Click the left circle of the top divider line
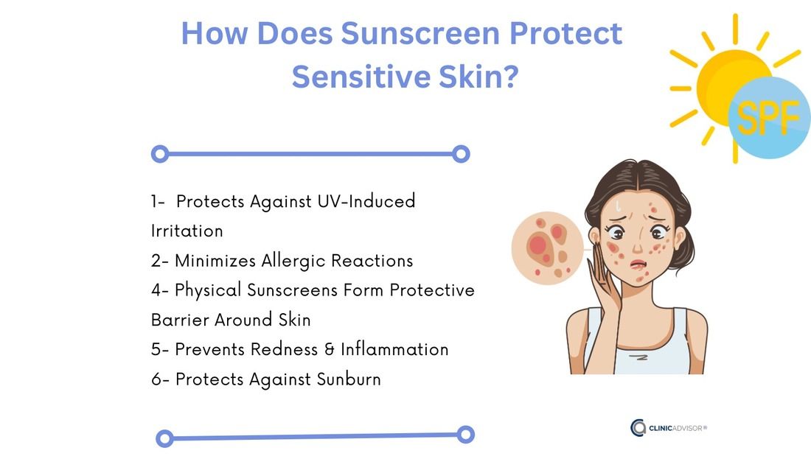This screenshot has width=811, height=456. [x=159, y=154]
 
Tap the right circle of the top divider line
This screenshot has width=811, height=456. [x=461, y=154]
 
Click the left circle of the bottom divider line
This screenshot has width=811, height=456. [x=165, y=439]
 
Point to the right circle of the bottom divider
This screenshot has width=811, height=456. [x=465, y=434]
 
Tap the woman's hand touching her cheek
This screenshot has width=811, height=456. [x=616, y=287]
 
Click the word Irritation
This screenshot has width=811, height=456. [x=187, y=231]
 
